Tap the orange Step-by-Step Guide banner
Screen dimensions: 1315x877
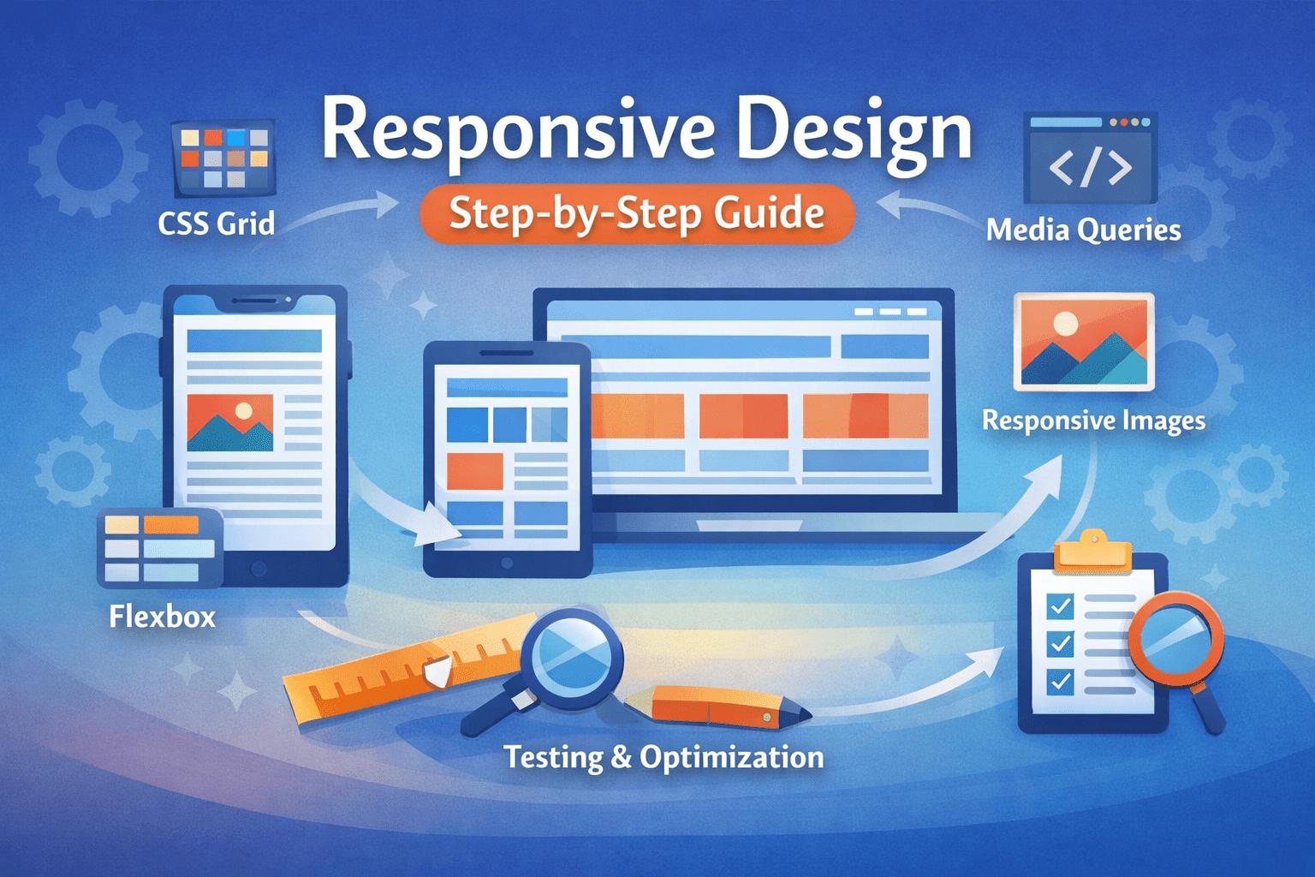[637, 213]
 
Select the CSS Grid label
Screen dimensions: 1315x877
[217, 224]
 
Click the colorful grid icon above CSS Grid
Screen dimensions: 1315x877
[224, 157]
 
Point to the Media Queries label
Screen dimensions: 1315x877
[1083, 230]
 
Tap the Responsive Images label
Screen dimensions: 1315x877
[1093, 421]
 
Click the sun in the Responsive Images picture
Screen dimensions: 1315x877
[1066, 323]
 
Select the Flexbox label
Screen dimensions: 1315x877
[163, 617]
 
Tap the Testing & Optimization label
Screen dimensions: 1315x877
[663, 757]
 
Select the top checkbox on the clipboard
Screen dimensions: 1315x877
[1060, 606]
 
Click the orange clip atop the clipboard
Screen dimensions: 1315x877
[1092, 553]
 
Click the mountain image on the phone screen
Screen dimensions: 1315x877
[229, 422]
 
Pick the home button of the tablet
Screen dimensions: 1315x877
[507, 563]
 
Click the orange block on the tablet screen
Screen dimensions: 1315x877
[475, 470]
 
